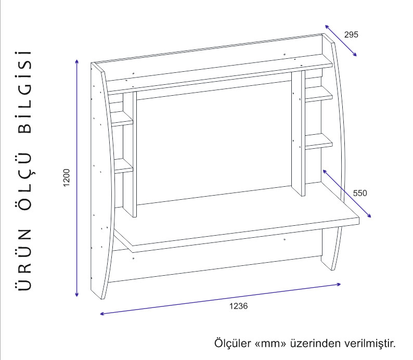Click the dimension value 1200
[x=67, y=177]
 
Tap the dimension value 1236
[x=238, y=306]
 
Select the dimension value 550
[x=360, y=193]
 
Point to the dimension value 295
[x=351, y=34]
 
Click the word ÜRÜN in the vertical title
[x=25, y=260]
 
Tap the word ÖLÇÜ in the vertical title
[x=25, y=181]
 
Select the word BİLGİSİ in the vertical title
[x=25, y=92]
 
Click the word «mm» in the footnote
[x=270, y=343]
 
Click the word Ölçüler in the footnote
[x=233, y=343]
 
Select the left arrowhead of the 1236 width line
[x=101, y=314]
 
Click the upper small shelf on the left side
[x=121, y=119]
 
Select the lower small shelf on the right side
[x=319, y=142]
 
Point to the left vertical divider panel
[x=130, y=155]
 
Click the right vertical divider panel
[x=298, y=133]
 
